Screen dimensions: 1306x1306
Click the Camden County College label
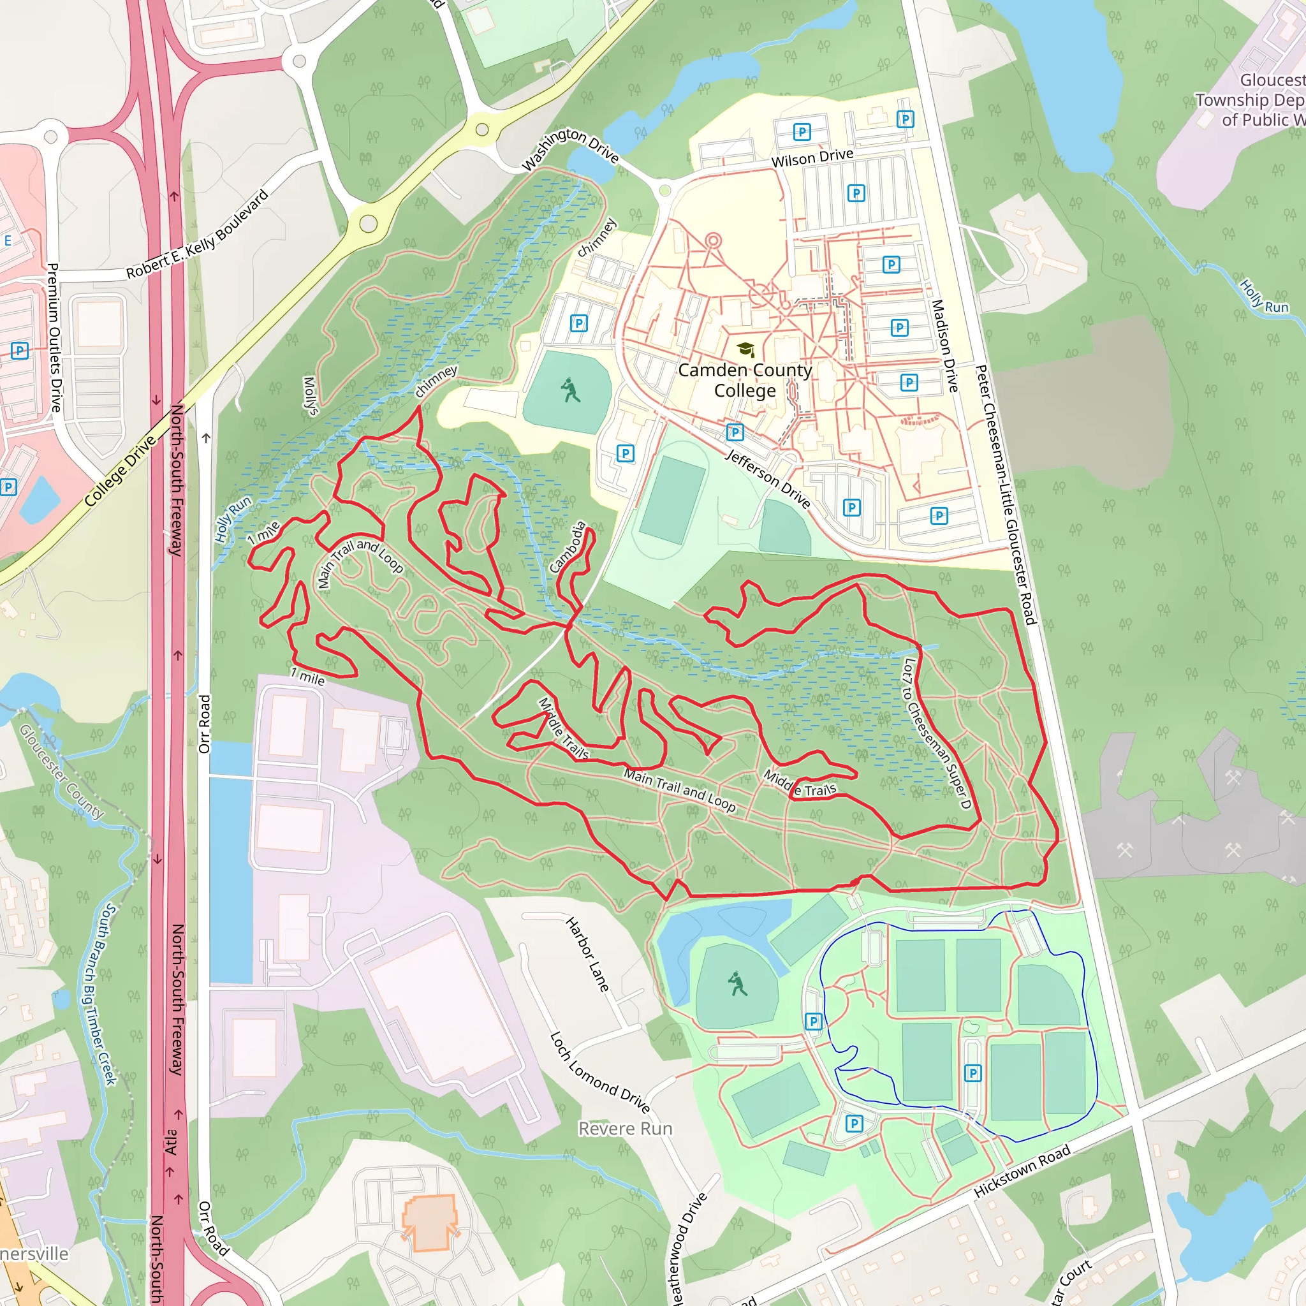pos(744,381)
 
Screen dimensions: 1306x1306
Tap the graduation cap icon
pos(745,349)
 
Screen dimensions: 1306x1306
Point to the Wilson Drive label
pos(812,158)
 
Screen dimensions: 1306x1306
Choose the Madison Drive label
pos(944,346)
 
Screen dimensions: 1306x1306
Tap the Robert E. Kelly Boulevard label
pos(198,234)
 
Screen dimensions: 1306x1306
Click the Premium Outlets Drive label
pos(54,337)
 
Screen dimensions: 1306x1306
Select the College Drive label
pos(121,471)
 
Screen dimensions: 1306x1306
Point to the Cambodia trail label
pos(568,547)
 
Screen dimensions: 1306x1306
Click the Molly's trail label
pos(311,395)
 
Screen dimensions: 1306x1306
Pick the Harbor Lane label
pos(587,954)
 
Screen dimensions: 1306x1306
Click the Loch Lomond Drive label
pos(599,1073)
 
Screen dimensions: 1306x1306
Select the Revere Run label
pos(626,1129)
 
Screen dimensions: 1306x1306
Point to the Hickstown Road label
pos(1022,1171)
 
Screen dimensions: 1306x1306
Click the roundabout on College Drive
pos(368,223)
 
